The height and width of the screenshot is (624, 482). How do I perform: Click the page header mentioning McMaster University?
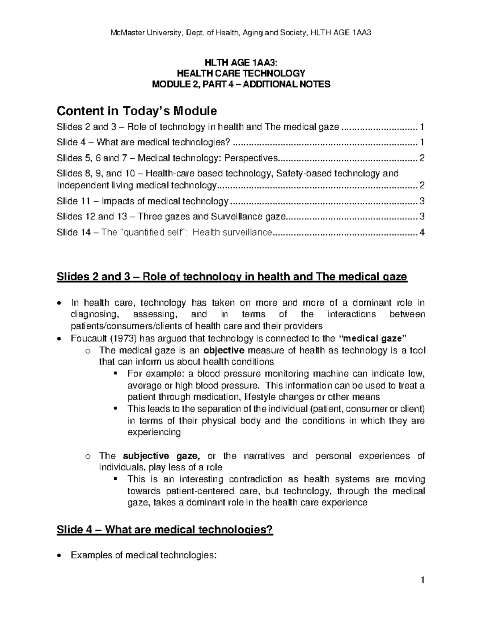241,33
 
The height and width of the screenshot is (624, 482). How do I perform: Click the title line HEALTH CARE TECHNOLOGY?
241,73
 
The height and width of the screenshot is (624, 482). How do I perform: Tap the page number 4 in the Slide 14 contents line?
421,232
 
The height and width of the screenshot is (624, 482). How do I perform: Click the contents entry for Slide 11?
143,201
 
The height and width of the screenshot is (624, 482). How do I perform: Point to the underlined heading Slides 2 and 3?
232,276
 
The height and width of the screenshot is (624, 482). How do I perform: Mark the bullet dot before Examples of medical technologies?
59,556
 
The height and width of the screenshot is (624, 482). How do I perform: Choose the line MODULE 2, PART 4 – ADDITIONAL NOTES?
241,84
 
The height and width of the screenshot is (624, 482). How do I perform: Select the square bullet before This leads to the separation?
116,409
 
